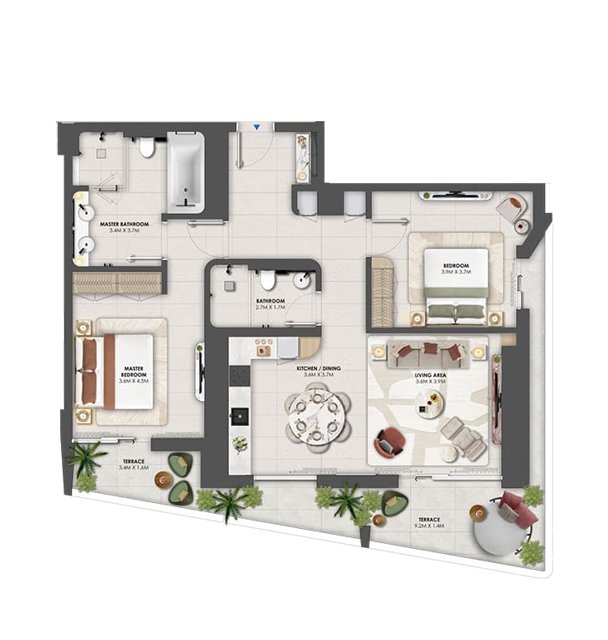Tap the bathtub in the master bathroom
185,172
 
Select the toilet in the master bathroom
147,149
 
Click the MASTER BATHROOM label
125,228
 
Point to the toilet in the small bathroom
268,280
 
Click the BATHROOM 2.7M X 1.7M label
271,304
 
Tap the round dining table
315,415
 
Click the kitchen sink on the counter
240,415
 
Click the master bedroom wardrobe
117,283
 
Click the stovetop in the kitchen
239,375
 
